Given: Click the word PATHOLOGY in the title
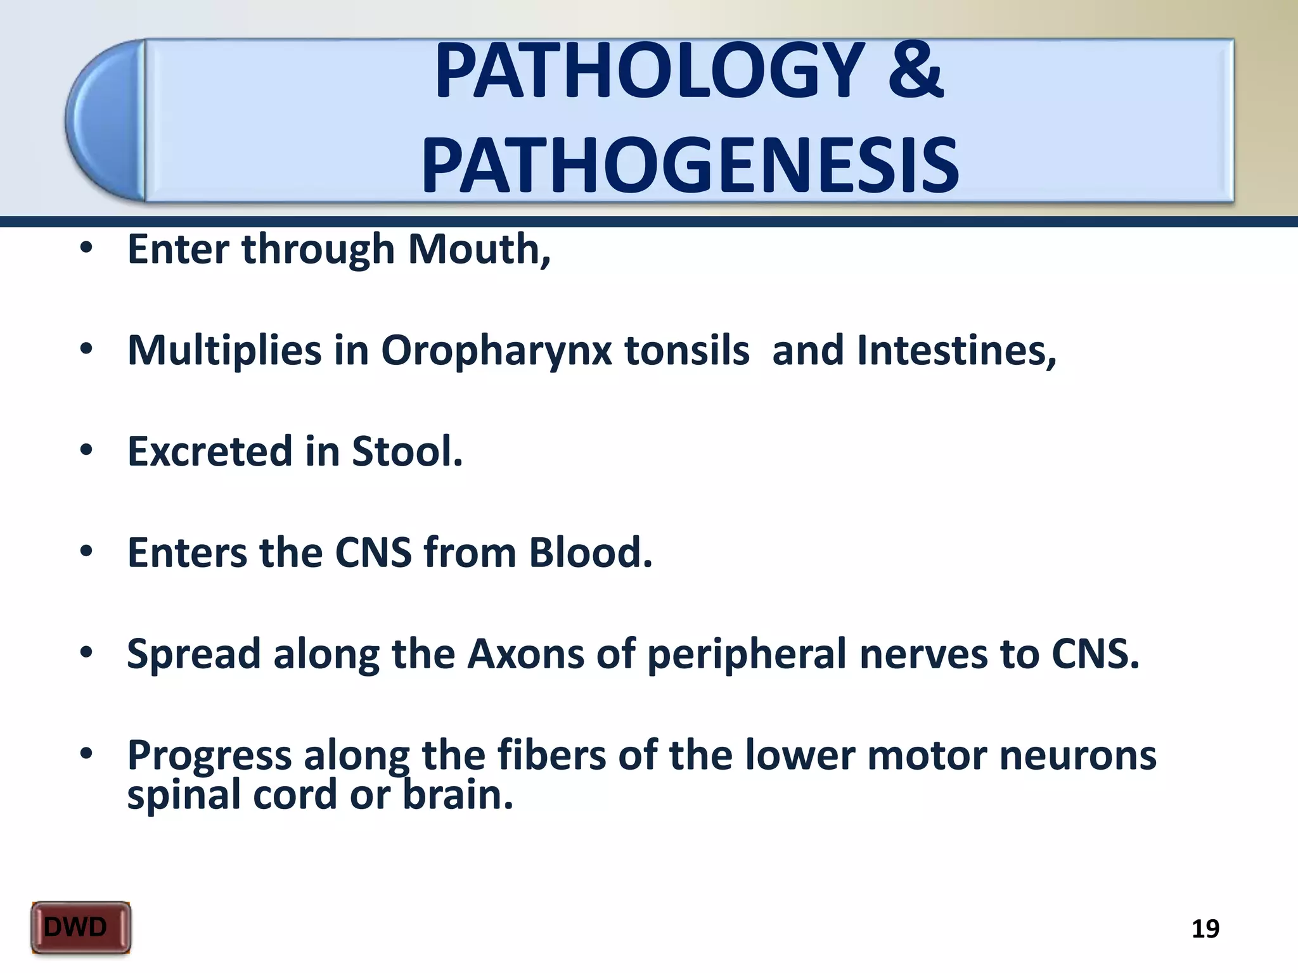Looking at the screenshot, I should [649, 71].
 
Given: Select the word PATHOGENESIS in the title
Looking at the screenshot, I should [690, 166].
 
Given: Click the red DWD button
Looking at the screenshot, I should [80, 927].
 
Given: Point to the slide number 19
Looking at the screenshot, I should [1205, 929].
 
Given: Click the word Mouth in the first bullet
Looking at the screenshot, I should [479, 249].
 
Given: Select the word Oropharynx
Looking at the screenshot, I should [496, 351].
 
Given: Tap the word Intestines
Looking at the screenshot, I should [956, 350].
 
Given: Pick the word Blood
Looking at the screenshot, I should [590, 553].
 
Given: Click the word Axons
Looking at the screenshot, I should [525, 654].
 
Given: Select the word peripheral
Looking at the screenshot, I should [746, 655].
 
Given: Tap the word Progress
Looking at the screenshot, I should [209, 756].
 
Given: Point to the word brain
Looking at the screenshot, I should [458, 794].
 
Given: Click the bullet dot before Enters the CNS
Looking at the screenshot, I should [87, 552].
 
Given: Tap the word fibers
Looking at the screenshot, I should [551, 755].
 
